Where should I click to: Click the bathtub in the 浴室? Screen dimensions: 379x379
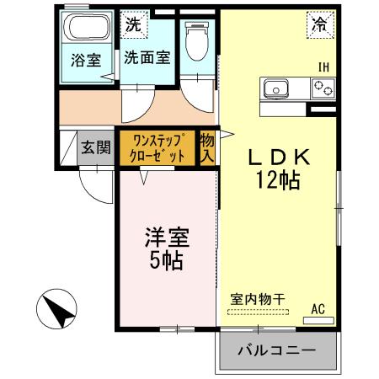coord(88,31)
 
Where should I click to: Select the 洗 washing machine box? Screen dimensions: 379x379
coord(132,24)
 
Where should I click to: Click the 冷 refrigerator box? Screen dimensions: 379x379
coord(318,26)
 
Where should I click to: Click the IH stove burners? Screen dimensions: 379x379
coord(323,86)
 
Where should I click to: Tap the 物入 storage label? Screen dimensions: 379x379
coord(207,147)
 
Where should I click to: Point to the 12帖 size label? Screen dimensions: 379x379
coord(280,179)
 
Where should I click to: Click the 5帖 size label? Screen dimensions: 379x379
coord(166,259)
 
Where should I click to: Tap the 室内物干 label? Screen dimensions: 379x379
coord(256,298)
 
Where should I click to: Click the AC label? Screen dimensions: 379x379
coord(318,309)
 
